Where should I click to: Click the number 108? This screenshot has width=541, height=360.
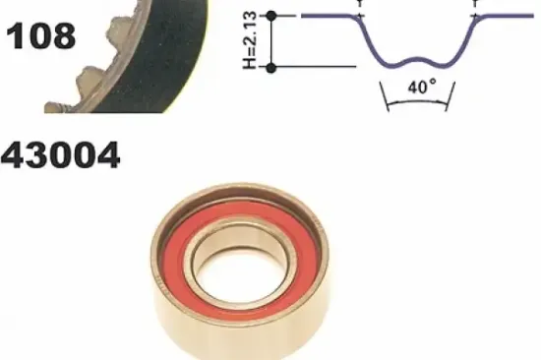[x=40, y=35]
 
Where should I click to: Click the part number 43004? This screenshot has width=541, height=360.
[x=60, y=155]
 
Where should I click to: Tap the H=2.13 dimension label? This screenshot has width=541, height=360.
[x=250, y=40]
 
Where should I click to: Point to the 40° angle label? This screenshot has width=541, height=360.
[x=422, y=87]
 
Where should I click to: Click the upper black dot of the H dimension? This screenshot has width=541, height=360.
[x=271, y=16]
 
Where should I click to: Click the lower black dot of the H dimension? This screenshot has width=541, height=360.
[x=271, y=68]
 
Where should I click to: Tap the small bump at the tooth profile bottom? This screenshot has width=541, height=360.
[x=416, y=61]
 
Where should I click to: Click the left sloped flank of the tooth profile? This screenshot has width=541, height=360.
[x=369, y=39]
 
